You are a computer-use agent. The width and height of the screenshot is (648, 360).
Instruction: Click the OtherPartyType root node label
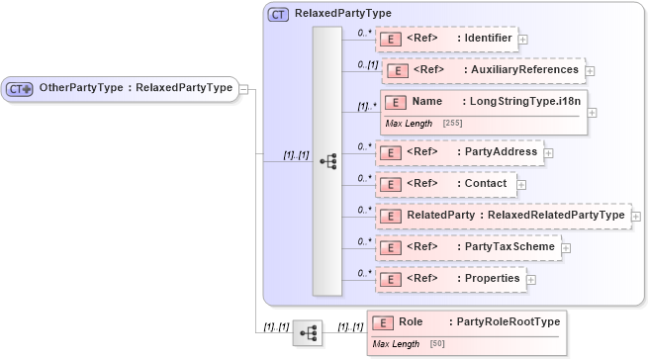135,88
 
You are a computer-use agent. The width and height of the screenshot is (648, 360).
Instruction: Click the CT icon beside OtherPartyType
21,89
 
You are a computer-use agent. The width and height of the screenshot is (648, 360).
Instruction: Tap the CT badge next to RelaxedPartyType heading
278,15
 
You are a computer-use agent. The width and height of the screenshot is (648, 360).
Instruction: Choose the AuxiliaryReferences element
482,70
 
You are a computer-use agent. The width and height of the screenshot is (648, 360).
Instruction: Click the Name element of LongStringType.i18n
482,102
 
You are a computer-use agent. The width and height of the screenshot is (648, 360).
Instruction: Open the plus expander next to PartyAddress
549,153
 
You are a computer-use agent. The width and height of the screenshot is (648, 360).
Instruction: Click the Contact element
444,184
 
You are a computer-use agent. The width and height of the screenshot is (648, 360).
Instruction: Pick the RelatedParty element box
502,215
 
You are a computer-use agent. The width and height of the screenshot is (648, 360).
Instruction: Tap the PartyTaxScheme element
467,246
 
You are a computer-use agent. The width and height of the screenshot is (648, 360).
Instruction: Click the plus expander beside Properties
531,280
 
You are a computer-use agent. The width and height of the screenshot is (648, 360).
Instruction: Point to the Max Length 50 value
436,344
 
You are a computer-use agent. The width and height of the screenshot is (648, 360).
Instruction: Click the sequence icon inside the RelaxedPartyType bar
328,160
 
